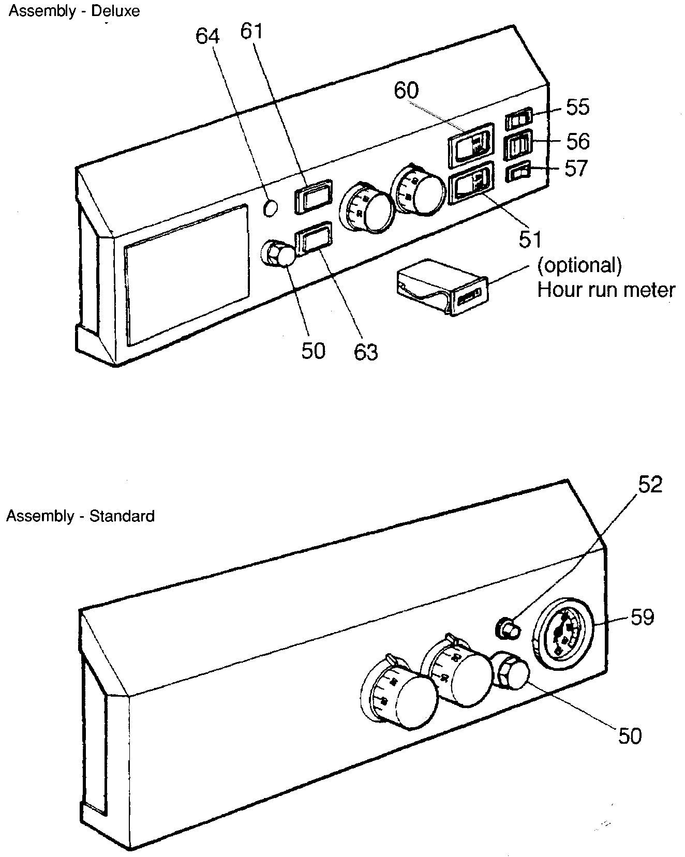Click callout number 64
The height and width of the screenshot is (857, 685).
pos(207,37)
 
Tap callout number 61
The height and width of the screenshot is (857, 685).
pos(252,32)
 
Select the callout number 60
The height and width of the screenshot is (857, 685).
pos(406,91)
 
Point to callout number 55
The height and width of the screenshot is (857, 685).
pos(577,107)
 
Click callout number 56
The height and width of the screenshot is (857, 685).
pos(577,141)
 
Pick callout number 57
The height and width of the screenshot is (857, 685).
pos(576,169)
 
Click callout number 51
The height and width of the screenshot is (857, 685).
pos(530,239)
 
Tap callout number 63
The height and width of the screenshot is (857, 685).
pos(366,352)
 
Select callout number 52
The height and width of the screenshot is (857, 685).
pos(650,485)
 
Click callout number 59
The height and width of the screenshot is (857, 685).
pos(642,617)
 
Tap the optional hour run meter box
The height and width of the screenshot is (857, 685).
pos(441,287)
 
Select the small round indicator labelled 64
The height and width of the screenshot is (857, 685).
pos(271,208)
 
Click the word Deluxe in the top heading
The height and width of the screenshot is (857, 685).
pos(115,11)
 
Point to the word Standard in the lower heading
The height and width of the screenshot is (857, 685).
pos(122,516)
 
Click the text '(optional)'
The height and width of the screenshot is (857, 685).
pos(579,265)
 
